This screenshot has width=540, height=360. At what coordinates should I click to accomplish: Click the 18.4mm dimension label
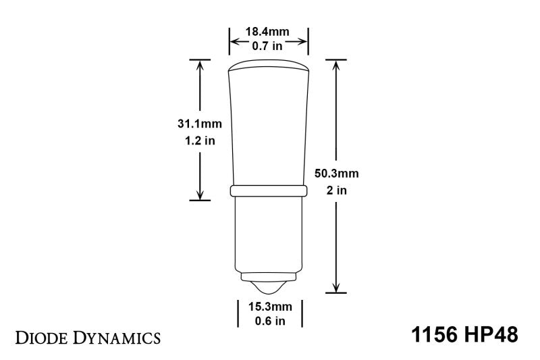(x=268, y=32)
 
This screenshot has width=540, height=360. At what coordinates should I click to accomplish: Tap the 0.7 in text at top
(x=268, y=45)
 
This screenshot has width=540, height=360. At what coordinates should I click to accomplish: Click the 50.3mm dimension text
(x=337, y=174)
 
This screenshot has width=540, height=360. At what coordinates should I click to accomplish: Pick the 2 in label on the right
(x=337, y=190)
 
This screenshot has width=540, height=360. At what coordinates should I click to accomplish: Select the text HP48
(x=494, y=335)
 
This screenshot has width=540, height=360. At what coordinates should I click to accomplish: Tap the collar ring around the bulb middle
(x=269, y=191)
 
